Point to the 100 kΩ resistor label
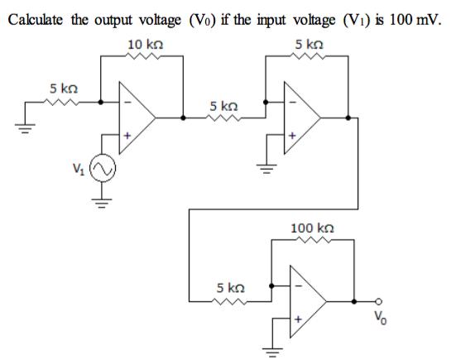(x=311, y=227)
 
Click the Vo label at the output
(x=382, y=316)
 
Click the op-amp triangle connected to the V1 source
(x=136, y=117)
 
